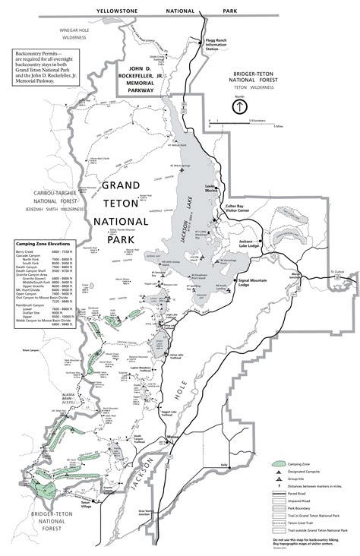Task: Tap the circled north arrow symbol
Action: click(240, 106)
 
